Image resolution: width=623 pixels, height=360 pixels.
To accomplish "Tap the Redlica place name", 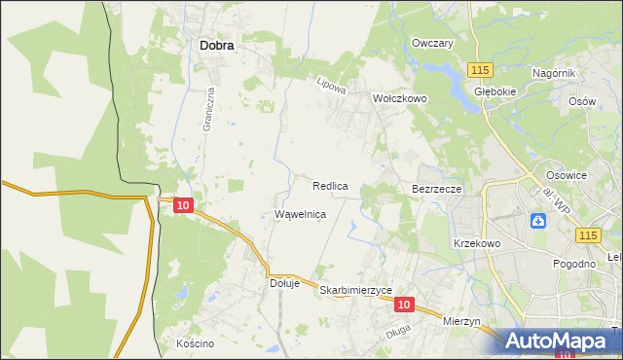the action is [331, 185].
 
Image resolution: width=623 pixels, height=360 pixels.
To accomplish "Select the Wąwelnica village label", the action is [300, 213].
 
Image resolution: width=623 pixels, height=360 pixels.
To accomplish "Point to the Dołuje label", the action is [283, 283].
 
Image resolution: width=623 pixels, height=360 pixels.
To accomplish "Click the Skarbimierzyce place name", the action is [355, 290].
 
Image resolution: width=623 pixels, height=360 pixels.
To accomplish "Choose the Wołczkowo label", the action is [400, 98].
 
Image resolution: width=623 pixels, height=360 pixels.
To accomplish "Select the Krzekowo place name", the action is [476, 243].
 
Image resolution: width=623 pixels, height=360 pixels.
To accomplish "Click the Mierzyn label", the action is [461, 321].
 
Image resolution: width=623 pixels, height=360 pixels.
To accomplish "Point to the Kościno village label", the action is [195, 343].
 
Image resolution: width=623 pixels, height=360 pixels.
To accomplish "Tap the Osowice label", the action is [566, 175].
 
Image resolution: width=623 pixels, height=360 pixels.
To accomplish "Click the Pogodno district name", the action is [573, 264].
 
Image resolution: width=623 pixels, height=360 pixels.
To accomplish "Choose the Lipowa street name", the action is [332, 86].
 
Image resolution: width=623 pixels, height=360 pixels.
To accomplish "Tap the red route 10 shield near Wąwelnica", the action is [183, 204].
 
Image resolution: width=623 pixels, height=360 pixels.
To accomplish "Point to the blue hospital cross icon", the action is [537, 221].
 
